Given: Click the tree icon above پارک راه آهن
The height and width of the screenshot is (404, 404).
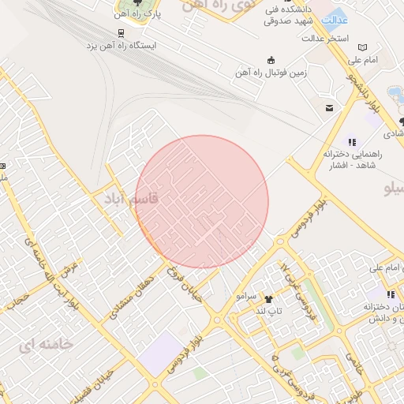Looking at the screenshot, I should point(120,3).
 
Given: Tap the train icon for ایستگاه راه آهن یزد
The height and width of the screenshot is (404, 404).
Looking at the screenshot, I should point(121,33).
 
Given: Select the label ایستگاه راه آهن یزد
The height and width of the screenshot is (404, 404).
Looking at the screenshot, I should point(122,46).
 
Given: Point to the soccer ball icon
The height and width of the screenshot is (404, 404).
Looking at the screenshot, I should point(271,60).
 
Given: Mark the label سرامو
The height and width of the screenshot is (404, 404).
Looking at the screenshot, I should point(247,295).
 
